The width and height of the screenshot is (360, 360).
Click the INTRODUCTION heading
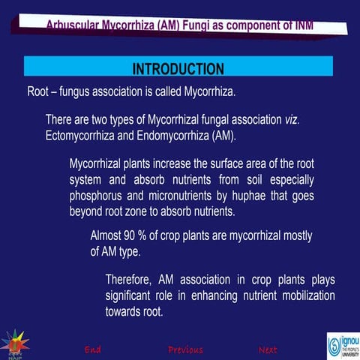point(178,69)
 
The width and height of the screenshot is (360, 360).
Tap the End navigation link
point(93,349)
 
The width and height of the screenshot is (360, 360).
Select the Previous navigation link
point(185,349)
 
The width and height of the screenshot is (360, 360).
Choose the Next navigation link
point(268,349)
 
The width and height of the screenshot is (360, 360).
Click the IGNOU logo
point(344,344)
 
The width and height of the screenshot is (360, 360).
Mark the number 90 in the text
point(132,235)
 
